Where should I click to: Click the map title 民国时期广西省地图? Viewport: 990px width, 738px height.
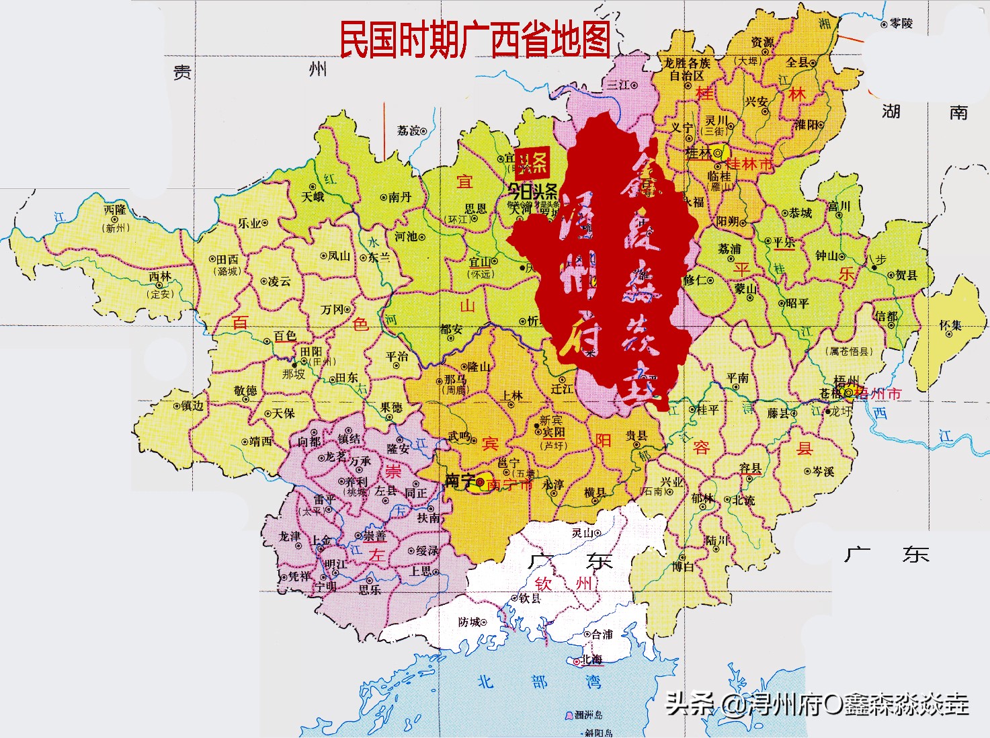coord(475,39)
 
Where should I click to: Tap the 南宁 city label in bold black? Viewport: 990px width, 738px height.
coord(460,481)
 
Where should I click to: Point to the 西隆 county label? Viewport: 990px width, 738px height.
coord(116,210)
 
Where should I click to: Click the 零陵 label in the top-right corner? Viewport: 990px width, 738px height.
coord(901,24)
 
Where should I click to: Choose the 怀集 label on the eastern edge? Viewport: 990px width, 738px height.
coord(950,325)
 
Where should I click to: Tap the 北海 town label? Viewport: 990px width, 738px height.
coord(591,659)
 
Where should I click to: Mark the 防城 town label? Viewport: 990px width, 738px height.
coord(469,622)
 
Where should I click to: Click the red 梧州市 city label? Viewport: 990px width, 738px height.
coord(878,394)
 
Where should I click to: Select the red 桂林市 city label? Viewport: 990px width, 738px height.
coord(749,163)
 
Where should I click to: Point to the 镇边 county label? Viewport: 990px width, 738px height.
coord(192,406)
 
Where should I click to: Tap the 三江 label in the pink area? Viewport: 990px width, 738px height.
coord(618,85)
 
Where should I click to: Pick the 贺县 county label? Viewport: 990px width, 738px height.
coord(906,275)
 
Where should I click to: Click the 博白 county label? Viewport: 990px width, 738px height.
coord(683,567)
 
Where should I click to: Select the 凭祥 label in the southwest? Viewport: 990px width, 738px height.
coord(299,577)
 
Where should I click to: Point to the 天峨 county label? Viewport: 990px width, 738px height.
coord(313,197)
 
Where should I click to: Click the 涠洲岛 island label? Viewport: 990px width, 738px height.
coord(589,715)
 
